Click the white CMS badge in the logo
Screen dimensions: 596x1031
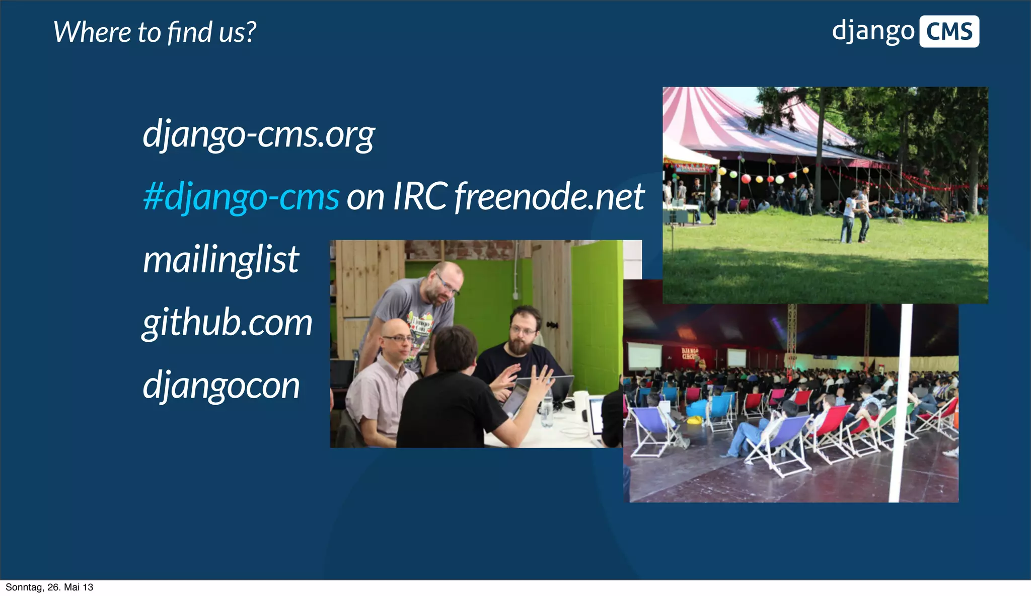point(949,32)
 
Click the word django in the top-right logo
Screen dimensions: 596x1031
point(873,32)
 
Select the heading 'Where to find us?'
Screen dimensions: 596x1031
point(155,32)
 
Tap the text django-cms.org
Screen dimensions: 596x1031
point(259,135)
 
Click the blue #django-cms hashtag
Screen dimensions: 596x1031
point(241,197)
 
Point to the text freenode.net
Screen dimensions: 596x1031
point(549,197)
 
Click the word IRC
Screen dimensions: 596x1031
point(420,197)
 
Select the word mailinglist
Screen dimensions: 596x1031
point(221,260)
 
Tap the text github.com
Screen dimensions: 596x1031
point(227,323)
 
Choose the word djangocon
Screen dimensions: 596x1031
point(221,386)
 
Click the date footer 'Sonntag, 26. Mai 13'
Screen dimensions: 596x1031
point(49,587)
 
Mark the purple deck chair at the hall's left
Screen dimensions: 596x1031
point(649,428)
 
